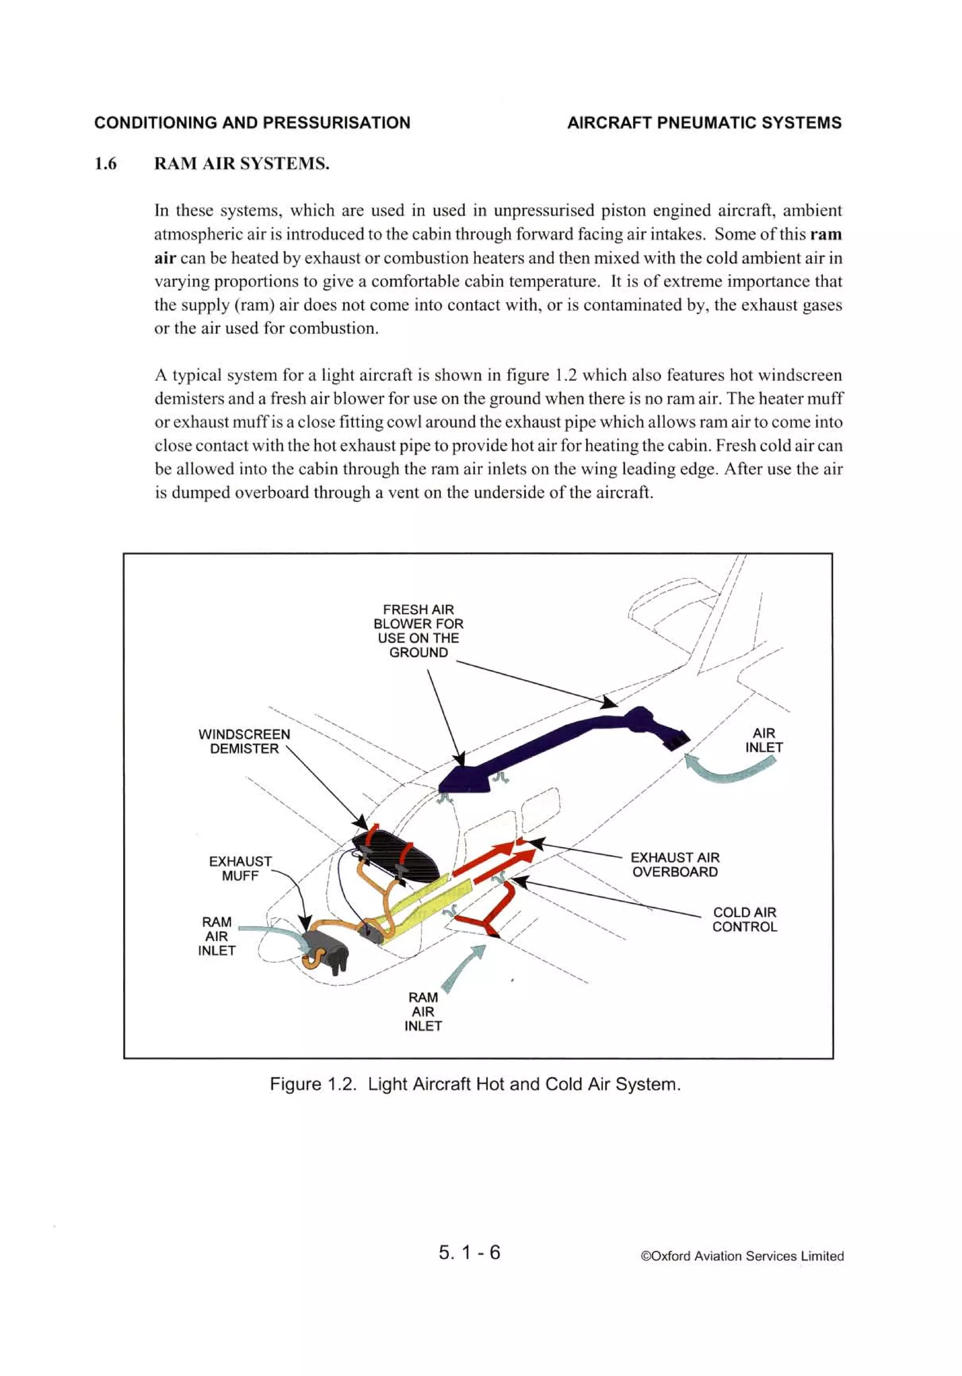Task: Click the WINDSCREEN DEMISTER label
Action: (x=244, y=741)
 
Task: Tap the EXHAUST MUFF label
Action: (x=240, y=868)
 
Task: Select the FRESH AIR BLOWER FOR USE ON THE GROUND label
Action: (x=418, y=630)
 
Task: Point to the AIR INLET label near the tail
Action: (x=763, y=740)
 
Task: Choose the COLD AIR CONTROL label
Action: (x=744, y=920)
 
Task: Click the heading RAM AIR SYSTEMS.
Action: (x=241, y=164)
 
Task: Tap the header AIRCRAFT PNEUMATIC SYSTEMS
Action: (x=704, y=123)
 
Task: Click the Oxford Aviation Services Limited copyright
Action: (x=742, y=1256)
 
